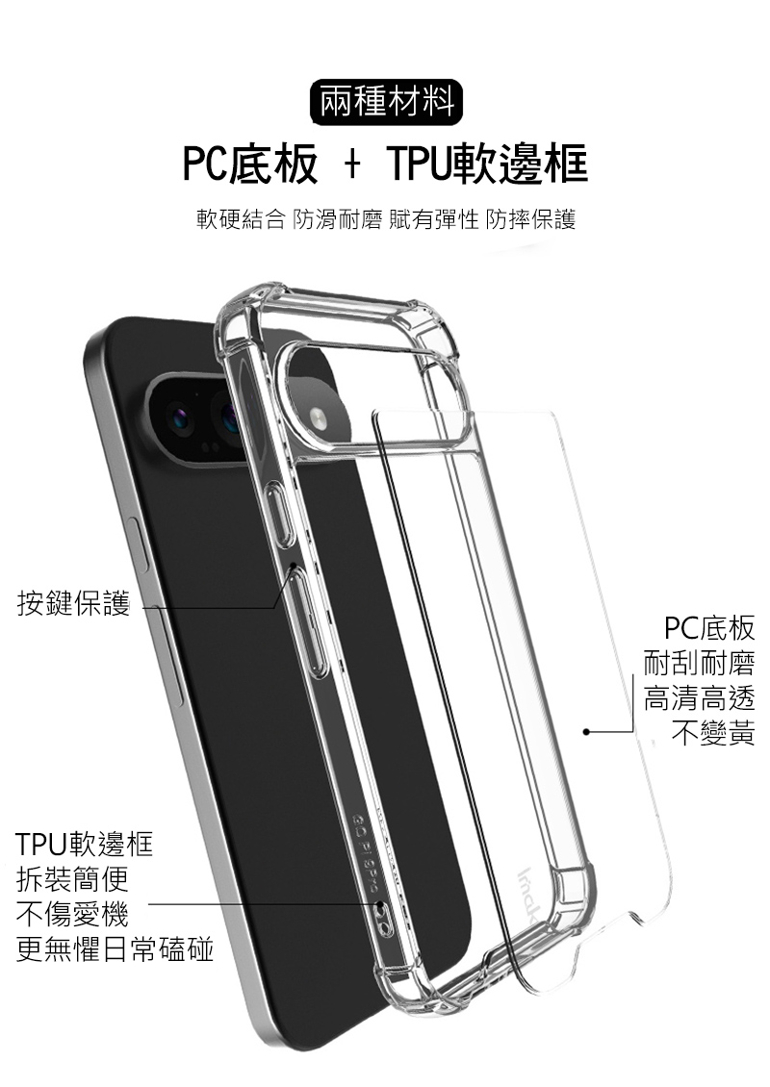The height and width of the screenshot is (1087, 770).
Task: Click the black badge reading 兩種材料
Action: pos(386,102)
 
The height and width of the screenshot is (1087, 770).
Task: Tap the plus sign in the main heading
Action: pos(352,165)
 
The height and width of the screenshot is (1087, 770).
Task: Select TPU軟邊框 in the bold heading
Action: pos(488,164)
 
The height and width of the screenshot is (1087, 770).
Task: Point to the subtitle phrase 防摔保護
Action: pos(531,219)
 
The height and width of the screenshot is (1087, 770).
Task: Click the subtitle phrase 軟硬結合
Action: pos(241,219)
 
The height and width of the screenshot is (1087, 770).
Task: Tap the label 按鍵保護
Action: pos(73,602)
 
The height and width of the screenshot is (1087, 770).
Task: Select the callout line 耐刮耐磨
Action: pos(699,663)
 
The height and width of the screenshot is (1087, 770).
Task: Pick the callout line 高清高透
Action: pos(699,698)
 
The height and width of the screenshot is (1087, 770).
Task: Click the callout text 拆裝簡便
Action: pos(73,880)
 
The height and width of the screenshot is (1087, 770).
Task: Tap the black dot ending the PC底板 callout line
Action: pos(586,731)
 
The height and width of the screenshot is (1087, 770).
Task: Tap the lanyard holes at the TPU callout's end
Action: pos(382,915)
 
